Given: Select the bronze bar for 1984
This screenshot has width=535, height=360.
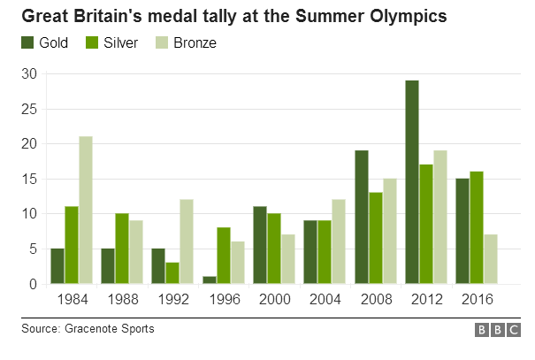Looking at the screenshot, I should coord(86,211).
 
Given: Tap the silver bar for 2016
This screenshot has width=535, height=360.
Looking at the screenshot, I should coord(477,228).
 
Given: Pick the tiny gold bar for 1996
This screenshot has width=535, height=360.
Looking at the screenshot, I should coord(210,280).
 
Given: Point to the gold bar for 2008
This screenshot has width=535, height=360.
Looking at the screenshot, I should coord(362,218).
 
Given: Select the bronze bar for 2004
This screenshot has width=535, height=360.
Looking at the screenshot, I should coord(339,241).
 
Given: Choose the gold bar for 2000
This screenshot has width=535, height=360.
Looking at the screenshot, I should coord(260,245).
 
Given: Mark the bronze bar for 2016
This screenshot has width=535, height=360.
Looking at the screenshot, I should coord(492,259).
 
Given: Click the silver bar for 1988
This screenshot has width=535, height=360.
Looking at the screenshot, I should coord(122,249).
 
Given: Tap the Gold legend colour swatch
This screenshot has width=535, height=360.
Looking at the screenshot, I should coord(27,42).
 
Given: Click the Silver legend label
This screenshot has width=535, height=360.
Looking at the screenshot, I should coord(120,42).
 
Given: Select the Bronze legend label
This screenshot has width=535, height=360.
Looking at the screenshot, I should coord(195,42).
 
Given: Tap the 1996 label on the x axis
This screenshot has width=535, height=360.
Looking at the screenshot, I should coord(224,298).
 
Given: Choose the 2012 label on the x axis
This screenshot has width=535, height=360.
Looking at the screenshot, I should coord(427,298).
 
